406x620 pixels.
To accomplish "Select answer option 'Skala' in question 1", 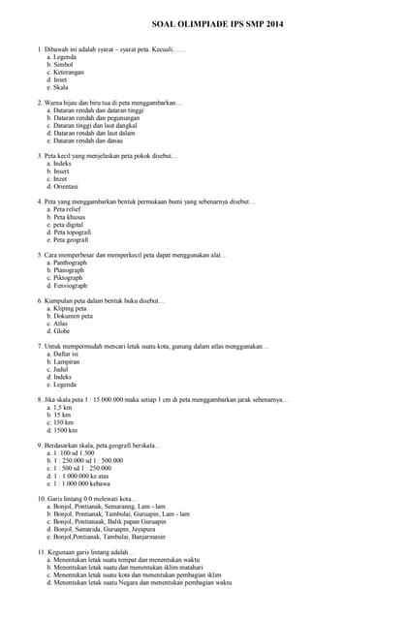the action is (x=60, y=87).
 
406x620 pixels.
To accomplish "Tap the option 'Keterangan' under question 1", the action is (x=68, y=72).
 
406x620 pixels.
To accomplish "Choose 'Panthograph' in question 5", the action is (x=70, y=263).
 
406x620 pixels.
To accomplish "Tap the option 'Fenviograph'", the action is (x=70, y=286).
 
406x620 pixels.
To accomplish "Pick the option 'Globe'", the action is (x=61, y=331).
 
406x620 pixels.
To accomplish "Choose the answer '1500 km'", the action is (x=64, y=430).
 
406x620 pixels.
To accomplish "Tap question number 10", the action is (x=42, y=498).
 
